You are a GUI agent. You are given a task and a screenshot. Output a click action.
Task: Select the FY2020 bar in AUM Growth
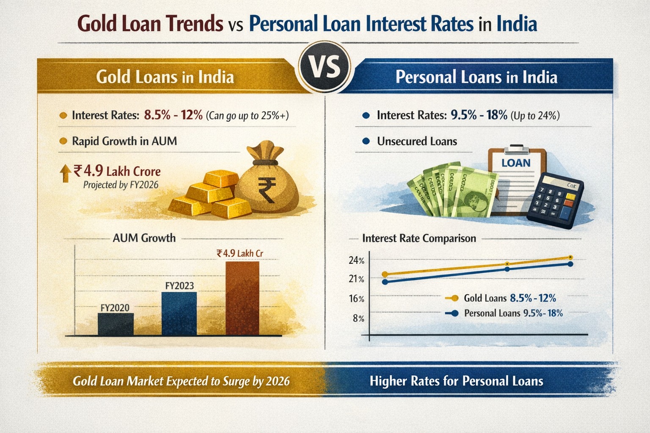click(116, 324)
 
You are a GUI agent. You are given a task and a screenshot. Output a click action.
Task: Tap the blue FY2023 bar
click(179, 314)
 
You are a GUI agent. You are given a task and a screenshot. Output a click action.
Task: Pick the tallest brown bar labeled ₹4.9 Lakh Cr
click(242, 299)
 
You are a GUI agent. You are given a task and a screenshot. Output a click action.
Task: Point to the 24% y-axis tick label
click(356, 260)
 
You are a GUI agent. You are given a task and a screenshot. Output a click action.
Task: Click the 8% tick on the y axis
click(358, 318)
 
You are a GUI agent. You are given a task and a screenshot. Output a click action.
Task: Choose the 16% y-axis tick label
click(356, 299)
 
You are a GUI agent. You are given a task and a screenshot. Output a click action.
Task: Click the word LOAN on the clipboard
click(515, 163)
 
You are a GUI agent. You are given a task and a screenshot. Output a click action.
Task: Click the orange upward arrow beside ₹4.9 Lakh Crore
click(66, 173)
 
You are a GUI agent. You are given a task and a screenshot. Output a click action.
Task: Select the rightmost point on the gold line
click(570, 257)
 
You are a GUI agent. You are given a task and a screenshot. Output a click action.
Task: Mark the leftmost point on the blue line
click(385, 282)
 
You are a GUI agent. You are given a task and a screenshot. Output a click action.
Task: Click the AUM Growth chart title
click(144, 238)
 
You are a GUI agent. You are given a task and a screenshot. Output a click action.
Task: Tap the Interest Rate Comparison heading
click(419, 238)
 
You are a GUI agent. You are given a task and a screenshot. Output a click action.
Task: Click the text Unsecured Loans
click(417, 141)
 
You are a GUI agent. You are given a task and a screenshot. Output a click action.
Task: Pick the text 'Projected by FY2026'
click(121, 185)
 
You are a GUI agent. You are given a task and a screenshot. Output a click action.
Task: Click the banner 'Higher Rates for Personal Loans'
click(456, 381)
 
